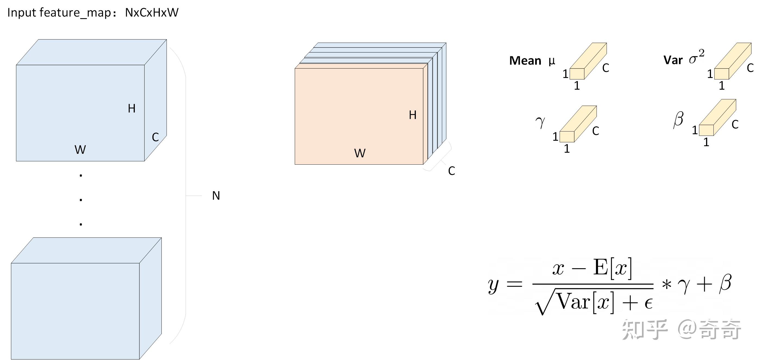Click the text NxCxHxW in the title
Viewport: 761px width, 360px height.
152,12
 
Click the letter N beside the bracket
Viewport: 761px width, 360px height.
216,196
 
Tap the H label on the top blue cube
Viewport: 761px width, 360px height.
132,108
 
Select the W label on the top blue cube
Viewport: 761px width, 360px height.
80,149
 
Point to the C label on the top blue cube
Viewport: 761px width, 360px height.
155,137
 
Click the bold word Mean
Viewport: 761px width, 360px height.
525,61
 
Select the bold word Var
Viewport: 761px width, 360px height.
673,60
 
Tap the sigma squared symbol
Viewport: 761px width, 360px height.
697,57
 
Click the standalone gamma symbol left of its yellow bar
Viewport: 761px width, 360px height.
540,122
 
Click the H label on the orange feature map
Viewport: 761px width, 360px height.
413,115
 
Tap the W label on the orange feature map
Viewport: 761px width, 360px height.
360,153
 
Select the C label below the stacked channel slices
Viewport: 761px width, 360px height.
451,171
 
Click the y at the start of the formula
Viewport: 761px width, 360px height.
493,286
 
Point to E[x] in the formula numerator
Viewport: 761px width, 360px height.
613,268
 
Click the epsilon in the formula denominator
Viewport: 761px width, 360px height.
648,303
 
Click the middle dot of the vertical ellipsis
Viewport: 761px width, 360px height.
81,200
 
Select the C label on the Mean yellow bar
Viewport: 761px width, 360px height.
606,68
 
